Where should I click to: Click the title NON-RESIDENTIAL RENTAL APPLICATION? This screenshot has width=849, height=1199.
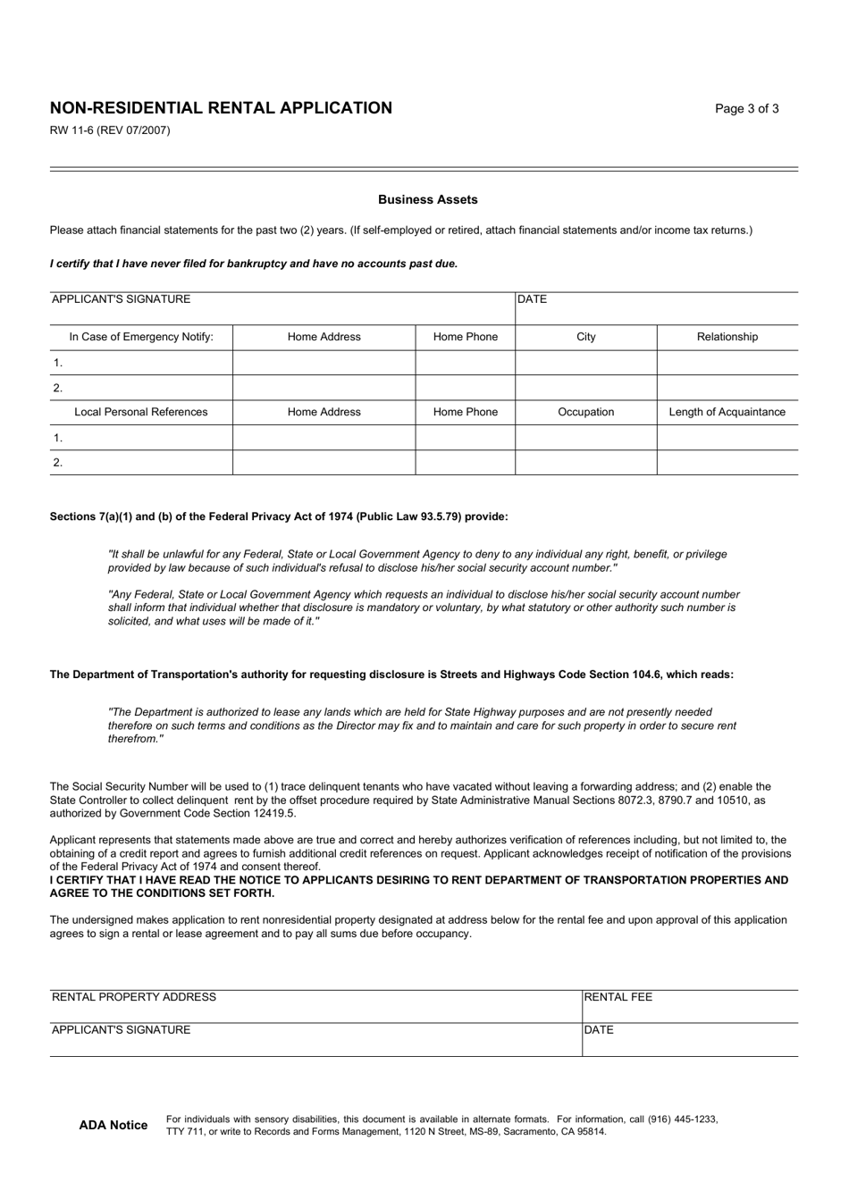(x=221, y=108)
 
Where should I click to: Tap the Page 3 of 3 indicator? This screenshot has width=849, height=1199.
(x=746, y=109)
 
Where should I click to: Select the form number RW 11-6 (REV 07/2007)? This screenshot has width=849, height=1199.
(x=110, y=130)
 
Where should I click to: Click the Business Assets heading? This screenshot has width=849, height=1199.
(x=427, y=200)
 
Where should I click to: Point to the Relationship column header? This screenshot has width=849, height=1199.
(x=727, y=337)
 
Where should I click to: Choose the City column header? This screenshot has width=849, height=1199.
(x=585, y=337)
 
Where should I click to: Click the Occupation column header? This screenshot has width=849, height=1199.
(x=585, y=412)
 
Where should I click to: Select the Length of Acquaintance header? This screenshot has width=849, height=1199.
(x=727, y=412)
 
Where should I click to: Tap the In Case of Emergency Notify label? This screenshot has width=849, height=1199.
(x=141, y=337)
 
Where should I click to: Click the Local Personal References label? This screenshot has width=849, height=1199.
(x=141, y=412)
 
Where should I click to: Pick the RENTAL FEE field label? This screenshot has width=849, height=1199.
(x=618, y=997)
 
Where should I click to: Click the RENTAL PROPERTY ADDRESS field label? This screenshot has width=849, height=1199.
(x=134, y=997)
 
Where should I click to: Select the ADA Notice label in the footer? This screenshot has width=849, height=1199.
(x=113, y=1125)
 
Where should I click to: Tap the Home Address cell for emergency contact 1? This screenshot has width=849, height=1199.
(x=324, y=363)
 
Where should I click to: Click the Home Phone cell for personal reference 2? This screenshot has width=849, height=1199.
(x=465, y=463)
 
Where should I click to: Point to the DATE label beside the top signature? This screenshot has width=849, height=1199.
(x=533, y=299)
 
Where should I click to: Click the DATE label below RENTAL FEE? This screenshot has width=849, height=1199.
(x=599, y=1030)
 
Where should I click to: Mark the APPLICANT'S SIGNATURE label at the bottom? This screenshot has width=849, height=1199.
(x=122, y=1030)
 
